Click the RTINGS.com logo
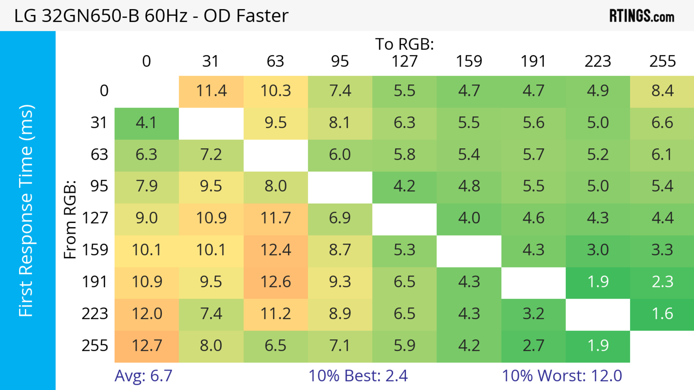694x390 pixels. click(x=642, y=16)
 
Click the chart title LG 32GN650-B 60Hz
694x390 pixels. click(x=151, y=16)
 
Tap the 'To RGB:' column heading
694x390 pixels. click(x=404, y=44)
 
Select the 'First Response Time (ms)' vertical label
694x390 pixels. click(x=26, y=211)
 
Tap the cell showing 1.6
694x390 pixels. click(x=662, y=314)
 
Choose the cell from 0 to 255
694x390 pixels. click(x=662, y=91)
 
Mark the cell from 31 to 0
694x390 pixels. click(x=147, y=123)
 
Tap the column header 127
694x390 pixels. click(x=404, y=61)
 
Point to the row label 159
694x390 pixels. click(x=95, y=250)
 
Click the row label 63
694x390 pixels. click(x=99, y=155)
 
